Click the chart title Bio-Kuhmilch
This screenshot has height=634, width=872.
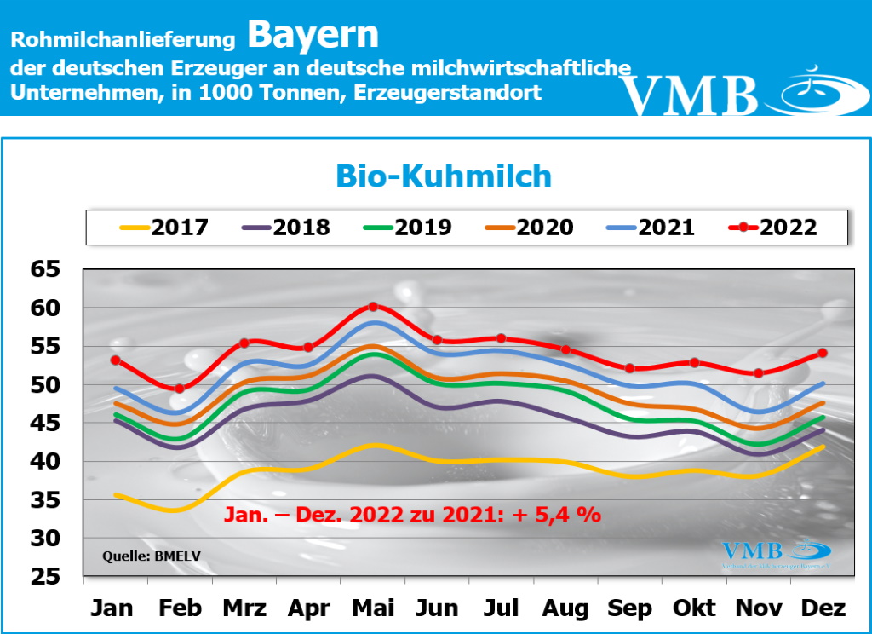point(444,176)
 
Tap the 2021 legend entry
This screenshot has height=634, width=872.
point(651,228)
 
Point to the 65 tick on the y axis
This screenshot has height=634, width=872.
point(46,269)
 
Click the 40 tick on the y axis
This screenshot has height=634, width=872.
point(46,462)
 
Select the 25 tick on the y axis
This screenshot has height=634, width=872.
point(46,577)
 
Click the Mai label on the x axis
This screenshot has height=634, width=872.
point(373,608)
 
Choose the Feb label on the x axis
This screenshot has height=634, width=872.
point(181,608)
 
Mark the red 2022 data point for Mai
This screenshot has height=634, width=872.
point(373,307)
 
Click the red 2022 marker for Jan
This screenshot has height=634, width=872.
point(115,360)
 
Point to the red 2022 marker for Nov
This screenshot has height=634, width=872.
point(759,373)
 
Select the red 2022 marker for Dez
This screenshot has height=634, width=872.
point(823,353)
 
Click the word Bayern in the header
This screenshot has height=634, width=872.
point(313,35)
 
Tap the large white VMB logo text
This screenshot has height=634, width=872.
point(689,95)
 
